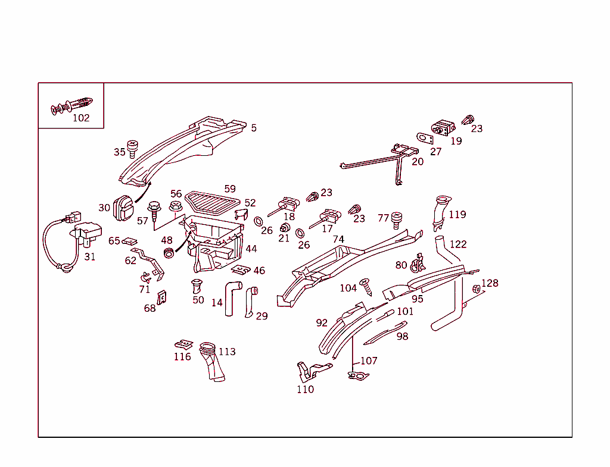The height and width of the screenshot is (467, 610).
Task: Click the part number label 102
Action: [81, 118]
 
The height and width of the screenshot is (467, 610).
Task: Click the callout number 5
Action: [254, 128]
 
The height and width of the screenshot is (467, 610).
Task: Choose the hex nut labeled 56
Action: [175, 206]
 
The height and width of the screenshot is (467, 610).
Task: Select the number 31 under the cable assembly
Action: [89, 257]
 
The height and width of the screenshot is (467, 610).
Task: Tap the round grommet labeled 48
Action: [169, 253]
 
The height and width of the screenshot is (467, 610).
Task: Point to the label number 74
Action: [338, 239]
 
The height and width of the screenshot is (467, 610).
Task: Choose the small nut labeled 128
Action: [477, 289]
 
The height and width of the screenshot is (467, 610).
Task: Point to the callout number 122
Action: [458, 244]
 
